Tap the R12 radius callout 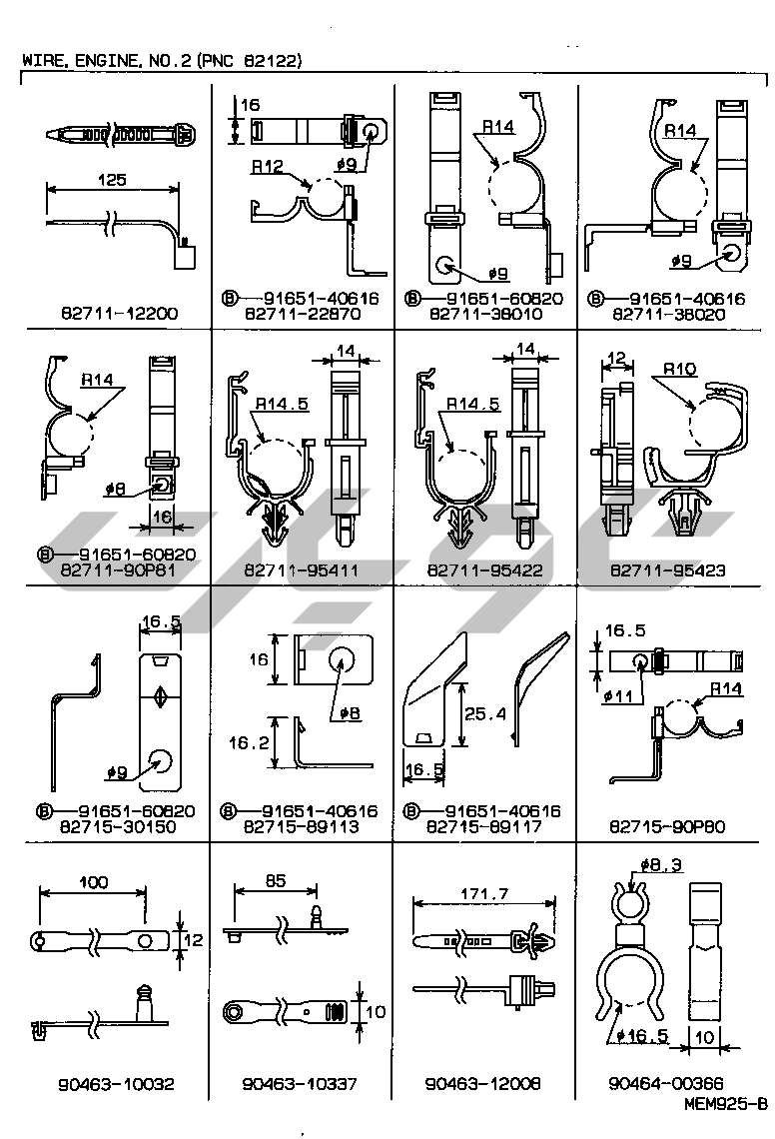coord(268,167)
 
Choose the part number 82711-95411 coord(301,570)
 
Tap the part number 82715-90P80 coord(667,826)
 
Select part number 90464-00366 coord(667,1083)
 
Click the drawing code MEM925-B coord(726,1105)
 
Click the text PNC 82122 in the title coord(251,60)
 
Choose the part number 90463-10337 coord(301,1083)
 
